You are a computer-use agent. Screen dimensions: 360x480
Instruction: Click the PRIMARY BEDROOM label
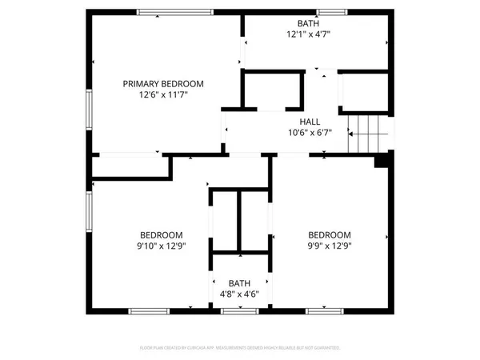(162, 83)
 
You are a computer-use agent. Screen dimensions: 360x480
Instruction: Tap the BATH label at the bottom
(239, 283)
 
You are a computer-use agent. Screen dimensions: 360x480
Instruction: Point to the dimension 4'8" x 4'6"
(239, 294)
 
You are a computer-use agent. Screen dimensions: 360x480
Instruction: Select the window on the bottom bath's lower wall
(239, 310)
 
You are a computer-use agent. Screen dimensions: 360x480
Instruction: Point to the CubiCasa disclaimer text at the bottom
(240, 348)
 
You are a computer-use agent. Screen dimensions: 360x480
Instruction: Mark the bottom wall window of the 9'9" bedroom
(328, 310)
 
